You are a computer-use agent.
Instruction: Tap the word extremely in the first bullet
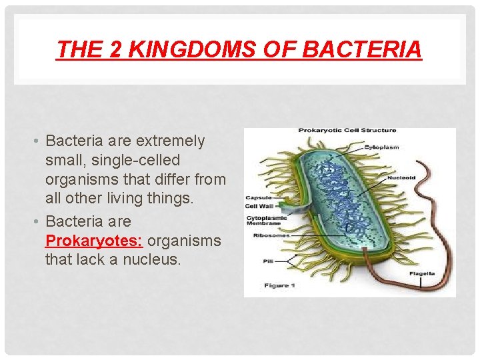click(x=171, y=141)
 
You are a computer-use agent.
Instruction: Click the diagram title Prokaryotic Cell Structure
click(x=347, y=131)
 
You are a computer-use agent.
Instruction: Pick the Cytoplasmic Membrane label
click(x=267, y=221)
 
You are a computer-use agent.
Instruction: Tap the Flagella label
click(x=423, y=273)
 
